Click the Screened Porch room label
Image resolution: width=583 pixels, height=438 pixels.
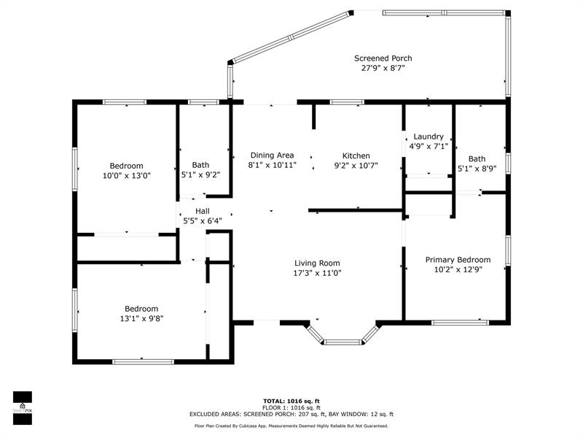pyautogui.click(x=383, y=58)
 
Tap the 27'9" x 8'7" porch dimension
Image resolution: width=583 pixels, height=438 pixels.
pyautogui.click(x=383, y=68)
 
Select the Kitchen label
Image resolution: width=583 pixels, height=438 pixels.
pyautogui.click(x=356, y=155)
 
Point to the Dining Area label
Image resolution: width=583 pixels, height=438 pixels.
pyautogui.click(x=272, y=155)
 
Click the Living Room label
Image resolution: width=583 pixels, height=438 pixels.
pyautogui.click(x=317, y=264)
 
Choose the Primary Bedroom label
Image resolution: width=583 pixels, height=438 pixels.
pyautogui.click(x=458, y=259)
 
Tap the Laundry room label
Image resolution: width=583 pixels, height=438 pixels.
pyautogui.click(x=428, y=137)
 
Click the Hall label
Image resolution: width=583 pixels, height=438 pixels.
pyautogui.click(x=202, y=211)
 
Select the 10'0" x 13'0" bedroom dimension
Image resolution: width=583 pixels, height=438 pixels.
pyautogui.click(x=126, y=175)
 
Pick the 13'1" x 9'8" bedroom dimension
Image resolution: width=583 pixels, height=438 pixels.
pyautogui.click(x=141, y=318)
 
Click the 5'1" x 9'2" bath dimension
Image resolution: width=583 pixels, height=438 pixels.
pyautogui.click(x=200, y=175)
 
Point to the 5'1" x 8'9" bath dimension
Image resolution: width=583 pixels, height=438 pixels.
pyautogui.click(x=477, y=169)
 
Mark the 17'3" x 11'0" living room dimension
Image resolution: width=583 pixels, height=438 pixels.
pyautogui.click(x=317, y=273)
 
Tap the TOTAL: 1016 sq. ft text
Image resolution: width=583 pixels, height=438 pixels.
pyautogui.click(x=291, y=401)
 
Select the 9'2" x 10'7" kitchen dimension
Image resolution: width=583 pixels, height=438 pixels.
pyautogui.click(x=356, y=166)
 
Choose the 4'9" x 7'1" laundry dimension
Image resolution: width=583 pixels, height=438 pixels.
pyautogui.click(x=428, y=146)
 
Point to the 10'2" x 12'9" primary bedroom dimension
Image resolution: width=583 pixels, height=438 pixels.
pyautogui.click(x=458, y=269)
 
